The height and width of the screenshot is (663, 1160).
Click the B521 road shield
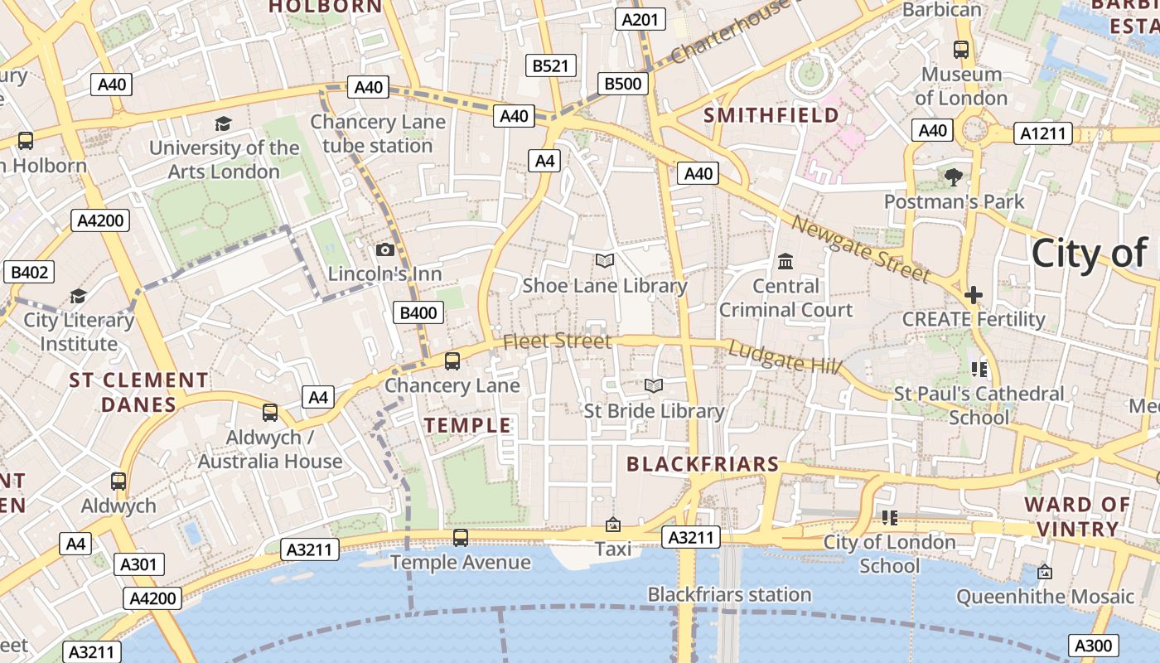point(551,65)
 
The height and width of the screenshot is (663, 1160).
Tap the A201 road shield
point(640,20)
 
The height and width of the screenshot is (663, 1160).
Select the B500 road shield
point(622,83)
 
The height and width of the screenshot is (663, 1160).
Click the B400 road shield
point(418,312)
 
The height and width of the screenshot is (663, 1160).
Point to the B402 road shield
point(29,272)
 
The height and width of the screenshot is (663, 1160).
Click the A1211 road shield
point(1043,133)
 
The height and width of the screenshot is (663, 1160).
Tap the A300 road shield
point(1094,645)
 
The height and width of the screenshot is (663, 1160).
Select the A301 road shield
point(138,565)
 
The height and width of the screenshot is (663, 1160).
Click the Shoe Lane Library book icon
point(605,261)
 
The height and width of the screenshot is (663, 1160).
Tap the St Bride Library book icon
point(654,386)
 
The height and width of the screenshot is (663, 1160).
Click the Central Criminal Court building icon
point(785,262)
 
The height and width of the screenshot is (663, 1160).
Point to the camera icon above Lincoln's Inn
point(385,249)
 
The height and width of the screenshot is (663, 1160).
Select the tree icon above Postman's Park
point(954,177)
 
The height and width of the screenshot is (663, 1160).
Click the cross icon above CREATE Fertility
point(974,294)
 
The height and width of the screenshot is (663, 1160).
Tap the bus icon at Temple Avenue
point(461,538)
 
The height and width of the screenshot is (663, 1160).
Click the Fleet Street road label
point(557,341)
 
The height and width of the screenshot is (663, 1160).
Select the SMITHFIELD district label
point(771,115)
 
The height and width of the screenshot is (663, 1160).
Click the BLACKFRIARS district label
point(703,464)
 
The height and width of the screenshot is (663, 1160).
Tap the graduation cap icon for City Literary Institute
point(78,296)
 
